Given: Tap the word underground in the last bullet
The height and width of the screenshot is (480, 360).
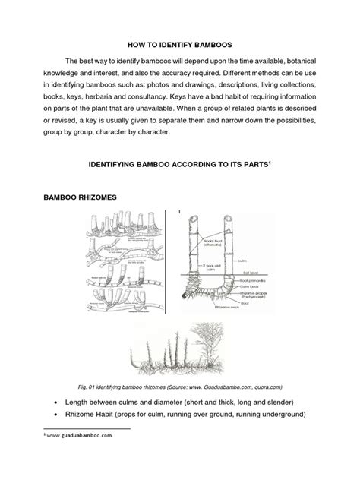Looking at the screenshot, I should pos(284,415).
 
